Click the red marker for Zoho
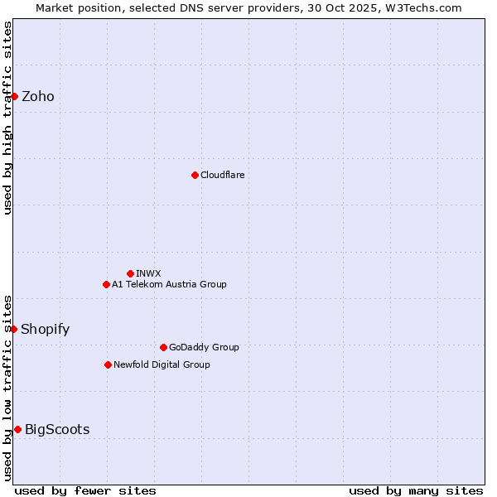tap(14, 96)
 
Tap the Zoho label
tap(38, 97)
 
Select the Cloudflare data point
tap(195, 175)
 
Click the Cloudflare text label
tap(223, 175)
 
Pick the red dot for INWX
tap(130, 273)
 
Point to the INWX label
tap(149, 273)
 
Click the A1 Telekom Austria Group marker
tap(106, 284)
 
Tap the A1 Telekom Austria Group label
tap(169, 284)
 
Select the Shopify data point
tap(14, 329)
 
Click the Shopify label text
tap(46, 330)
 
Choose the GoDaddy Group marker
tap(163, 347)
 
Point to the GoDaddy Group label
tap(204, 347)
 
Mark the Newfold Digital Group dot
tap(108, 364)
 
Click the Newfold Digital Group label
tap(162, 364)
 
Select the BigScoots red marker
tap(17, 429)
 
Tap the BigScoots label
tap(57, 429)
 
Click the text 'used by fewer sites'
tap(85, 490)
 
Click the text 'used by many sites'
tap(416, 490)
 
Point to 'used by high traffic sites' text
tap(7, 118)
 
